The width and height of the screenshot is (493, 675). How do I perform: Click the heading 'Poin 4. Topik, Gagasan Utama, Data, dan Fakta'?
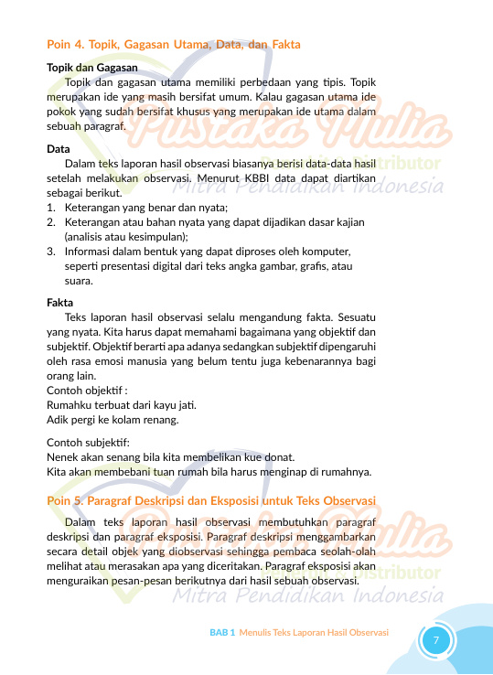[x=174, y=44]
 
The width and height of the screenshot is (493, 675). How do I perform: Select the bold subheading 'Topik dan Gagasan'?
[x=91, y=68]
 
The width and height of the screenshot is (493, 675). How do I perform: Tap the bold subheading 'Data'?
[x=58, y=148]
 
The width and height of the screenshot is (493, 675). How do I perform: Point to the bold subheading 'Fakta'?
[x=60, y=301]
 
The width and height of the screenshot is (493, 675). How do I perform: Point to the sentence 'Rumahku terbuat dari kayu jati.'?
[x=121, y=405]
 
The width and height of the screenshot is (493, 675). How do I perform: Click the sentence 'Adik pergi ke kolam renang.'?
[x=113, y=420]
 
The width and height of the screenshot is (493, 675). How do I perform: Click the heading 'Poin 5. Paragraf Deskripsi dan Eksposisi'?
[x=211, y=500]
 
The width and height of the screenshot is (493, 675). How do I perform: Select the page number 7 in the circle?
[x=436, y=639]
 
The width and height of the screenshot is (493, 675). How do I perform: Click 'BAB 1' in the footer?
[x=222, y=632]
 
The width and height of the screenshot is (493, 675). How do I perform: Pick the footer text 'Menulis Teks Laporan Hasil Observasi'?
[x=314, y=632]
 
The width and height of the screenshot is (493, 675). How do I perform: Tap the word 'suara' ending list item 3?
[x=78, y=281]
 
